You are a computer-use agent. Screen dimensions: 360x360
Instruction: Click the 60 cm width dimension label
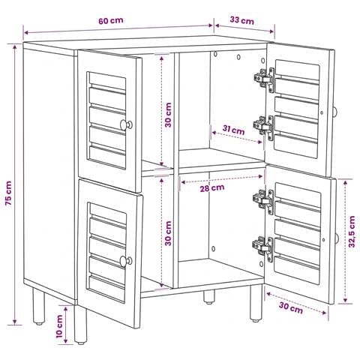(x=111, y=20)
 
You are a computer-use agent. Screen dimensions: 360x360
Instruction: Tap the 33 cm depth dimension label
(x=241, y=20)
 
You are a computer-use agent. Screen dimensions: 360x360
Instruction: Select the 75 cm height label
(x=8, y=193)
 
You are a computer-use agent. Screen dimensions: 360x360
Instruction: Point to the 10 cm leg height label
(x=59, y=326)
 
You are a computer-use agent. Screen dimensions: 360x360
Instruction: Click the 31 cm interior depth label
(x=233, y=130)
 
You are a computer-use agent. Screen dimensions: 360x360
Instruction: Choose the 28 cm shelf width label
(x=212, y=188)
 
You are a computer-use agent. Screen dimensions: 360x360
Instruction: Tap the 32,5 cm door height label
(x=352, y=232)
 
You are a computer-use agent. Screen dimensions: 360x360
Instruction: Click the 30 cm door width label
(x=291, y=308)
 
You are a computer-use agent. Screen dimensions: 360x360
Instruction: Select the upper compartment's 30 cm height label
(x=168, y=115)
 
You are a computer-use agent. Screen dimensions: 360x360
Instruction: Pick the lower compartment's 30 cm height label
(x=168, y=233)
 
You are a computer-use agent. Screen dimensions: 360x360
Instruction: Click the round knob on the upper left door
(x=126, y=124)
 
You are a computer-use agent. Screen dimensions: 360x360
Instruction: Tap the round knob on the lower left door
(x=126, y=261)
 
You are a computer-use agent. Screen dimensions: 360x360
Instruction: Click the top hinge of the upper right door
(x=265, y=79)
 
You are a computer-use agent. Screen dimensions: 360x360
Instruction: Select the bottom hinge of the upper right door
(x=264, y=127)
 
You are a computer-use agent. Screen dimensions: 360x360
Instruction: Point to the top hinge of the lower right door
(x=263, y=202)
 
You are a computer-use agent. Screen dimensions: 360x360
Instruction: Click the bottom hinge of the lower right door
(x=263, y=249)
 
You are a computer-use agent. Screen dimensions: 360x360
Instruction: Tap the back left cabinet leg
(x=39, y=306)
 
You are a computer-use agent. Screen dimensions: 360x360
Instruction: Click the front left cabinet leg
(x=81, y=324)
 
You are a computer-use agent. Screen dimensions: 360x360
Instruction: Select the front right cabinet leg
(x=256, y=303)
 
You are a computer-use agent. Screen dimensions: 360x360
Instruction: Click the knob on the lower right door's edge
(x=337, y=239)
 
